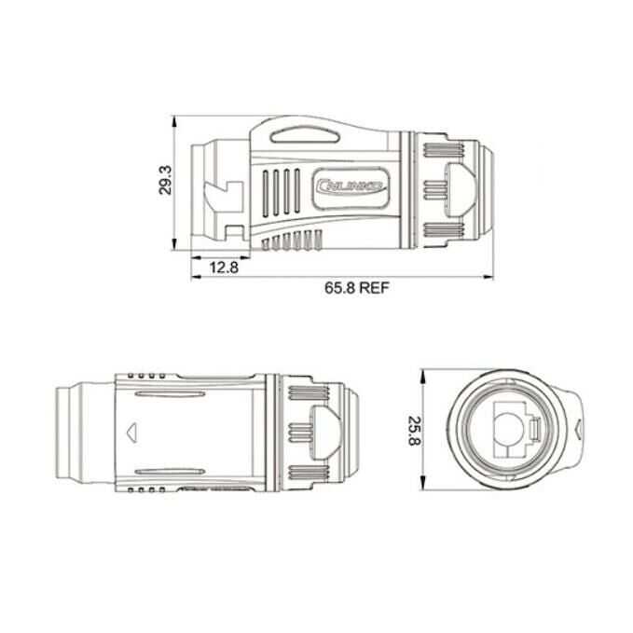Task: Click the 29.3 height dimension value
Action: [x=165, y=180]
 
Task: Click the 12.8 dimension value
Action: [x=224, y=268]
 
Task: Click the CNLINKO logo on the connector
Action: [x=351, y=186]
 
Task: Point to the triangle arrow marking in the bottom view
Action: [x=105, y=432]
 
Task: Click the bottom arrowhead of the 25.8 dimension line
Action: [x=423, y=488]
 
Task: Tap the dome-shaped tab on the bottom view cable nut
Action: [x=323, y=432]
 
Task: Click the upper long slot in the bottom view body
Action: [x=172, y=395]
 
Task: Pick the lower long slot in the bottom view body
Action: [x=172, y=469]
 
